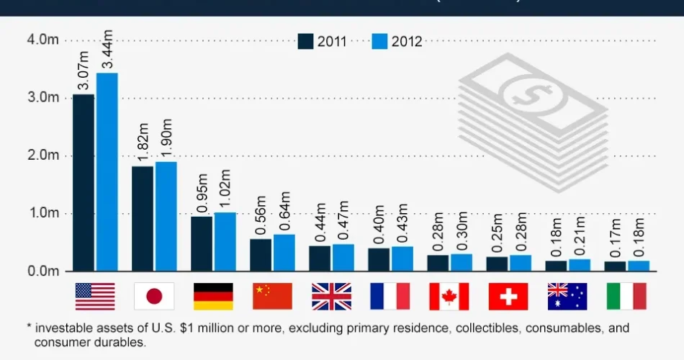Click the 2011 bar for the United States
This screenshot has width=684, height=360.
pyautogui.click(x=84, y=183)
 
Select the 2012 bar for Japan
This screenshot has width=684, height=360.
pyautogui.click(x=166, y=216)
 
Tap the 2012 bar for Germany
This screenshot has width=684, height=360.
pyautogui.click(x=225, y=242)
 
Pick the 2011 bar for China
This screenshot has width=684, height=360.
pyautogui.click(x=261, y=255)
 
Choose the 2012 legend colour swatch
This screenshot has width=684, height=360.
pyautogui.click(x=379, y=41)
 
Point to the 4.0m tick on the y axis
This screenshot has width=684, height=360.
pyautogui.click(x=43, y=40)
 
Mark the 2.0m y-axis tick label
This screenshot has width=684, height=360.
pyautogui.click(x=43, y=156)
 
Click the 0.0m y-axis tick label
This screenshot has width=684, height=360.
pyautogui.click(x=43, y=271)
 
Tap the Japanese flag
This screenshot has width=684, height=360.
pyautogui.click(x=154, y=296)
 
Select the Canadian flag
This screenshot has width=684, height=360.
pyautogui.click(x=449, y=296)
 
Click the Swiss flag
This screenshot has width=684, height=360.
pyautogui.click(x=508, y=296)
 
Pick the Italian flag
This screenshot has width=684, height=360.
pyautogui.click(x=626, y=296)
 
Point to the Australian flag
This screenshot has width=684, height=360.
pyautogui.click(x=567, y=296)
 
